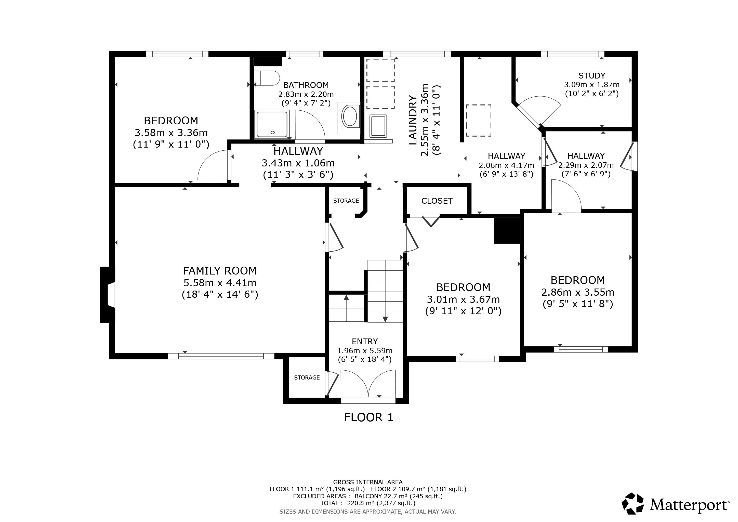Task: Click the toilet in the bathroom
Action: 267,78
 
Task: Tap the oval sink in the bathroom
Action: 349,116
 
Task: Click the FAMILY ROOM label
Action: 220,271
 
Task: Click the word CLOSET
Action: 437,201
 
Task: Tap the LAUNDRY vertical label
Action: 413,120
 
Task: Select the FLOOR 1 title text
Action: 369,417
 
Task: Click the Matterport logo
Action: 675,505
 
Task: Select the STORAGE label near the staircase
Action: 346,201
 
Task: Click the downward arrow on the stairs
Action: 385,319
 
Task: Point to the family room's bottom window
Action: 221,356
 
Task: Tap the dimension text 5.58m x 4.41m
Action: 220,283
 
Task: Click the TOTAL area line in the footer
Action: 368,503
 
